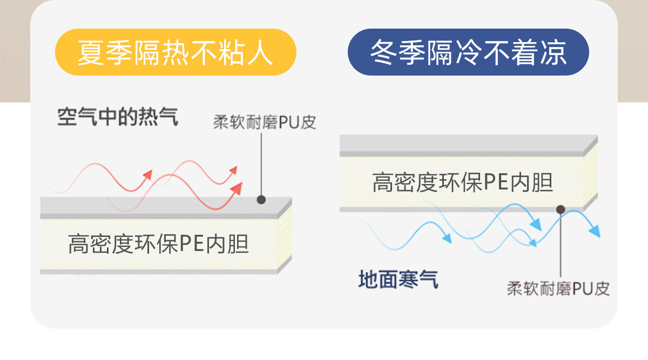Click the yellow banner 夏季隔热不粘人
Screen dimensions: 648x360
[176, 52]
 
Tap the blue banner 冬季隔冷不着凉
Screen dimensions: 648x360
[468, 52]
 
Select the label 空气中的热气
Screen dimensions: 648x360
[118, 117]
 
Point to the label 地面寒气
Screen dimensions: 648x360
[398, 279]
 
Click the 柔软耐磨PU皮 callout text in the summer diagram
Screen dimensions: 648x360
[265, 123]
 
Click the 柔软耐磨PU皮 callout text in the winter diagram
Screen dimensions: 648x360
[558, 288]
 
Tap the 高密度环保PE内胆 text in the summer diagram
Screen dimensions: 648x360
[159, 243]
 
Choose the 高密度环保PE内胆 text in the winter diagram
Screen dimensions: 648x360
[463, 182]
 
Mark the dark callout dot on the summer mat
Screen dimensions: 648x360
[261, 199]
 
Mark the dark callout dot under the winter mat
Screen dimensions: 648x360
[561, 209]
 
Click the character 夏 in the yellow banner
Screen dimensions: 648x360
[91, 52]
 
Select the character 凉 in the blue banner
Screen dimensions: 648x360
[553, 52]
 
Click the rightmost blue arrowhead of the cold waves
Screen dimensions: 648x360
[595, 232]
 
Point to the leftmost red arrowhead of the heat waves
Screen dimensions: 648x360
[147, 175]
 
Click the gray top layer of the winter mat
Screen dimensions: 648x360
[464, 144]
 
